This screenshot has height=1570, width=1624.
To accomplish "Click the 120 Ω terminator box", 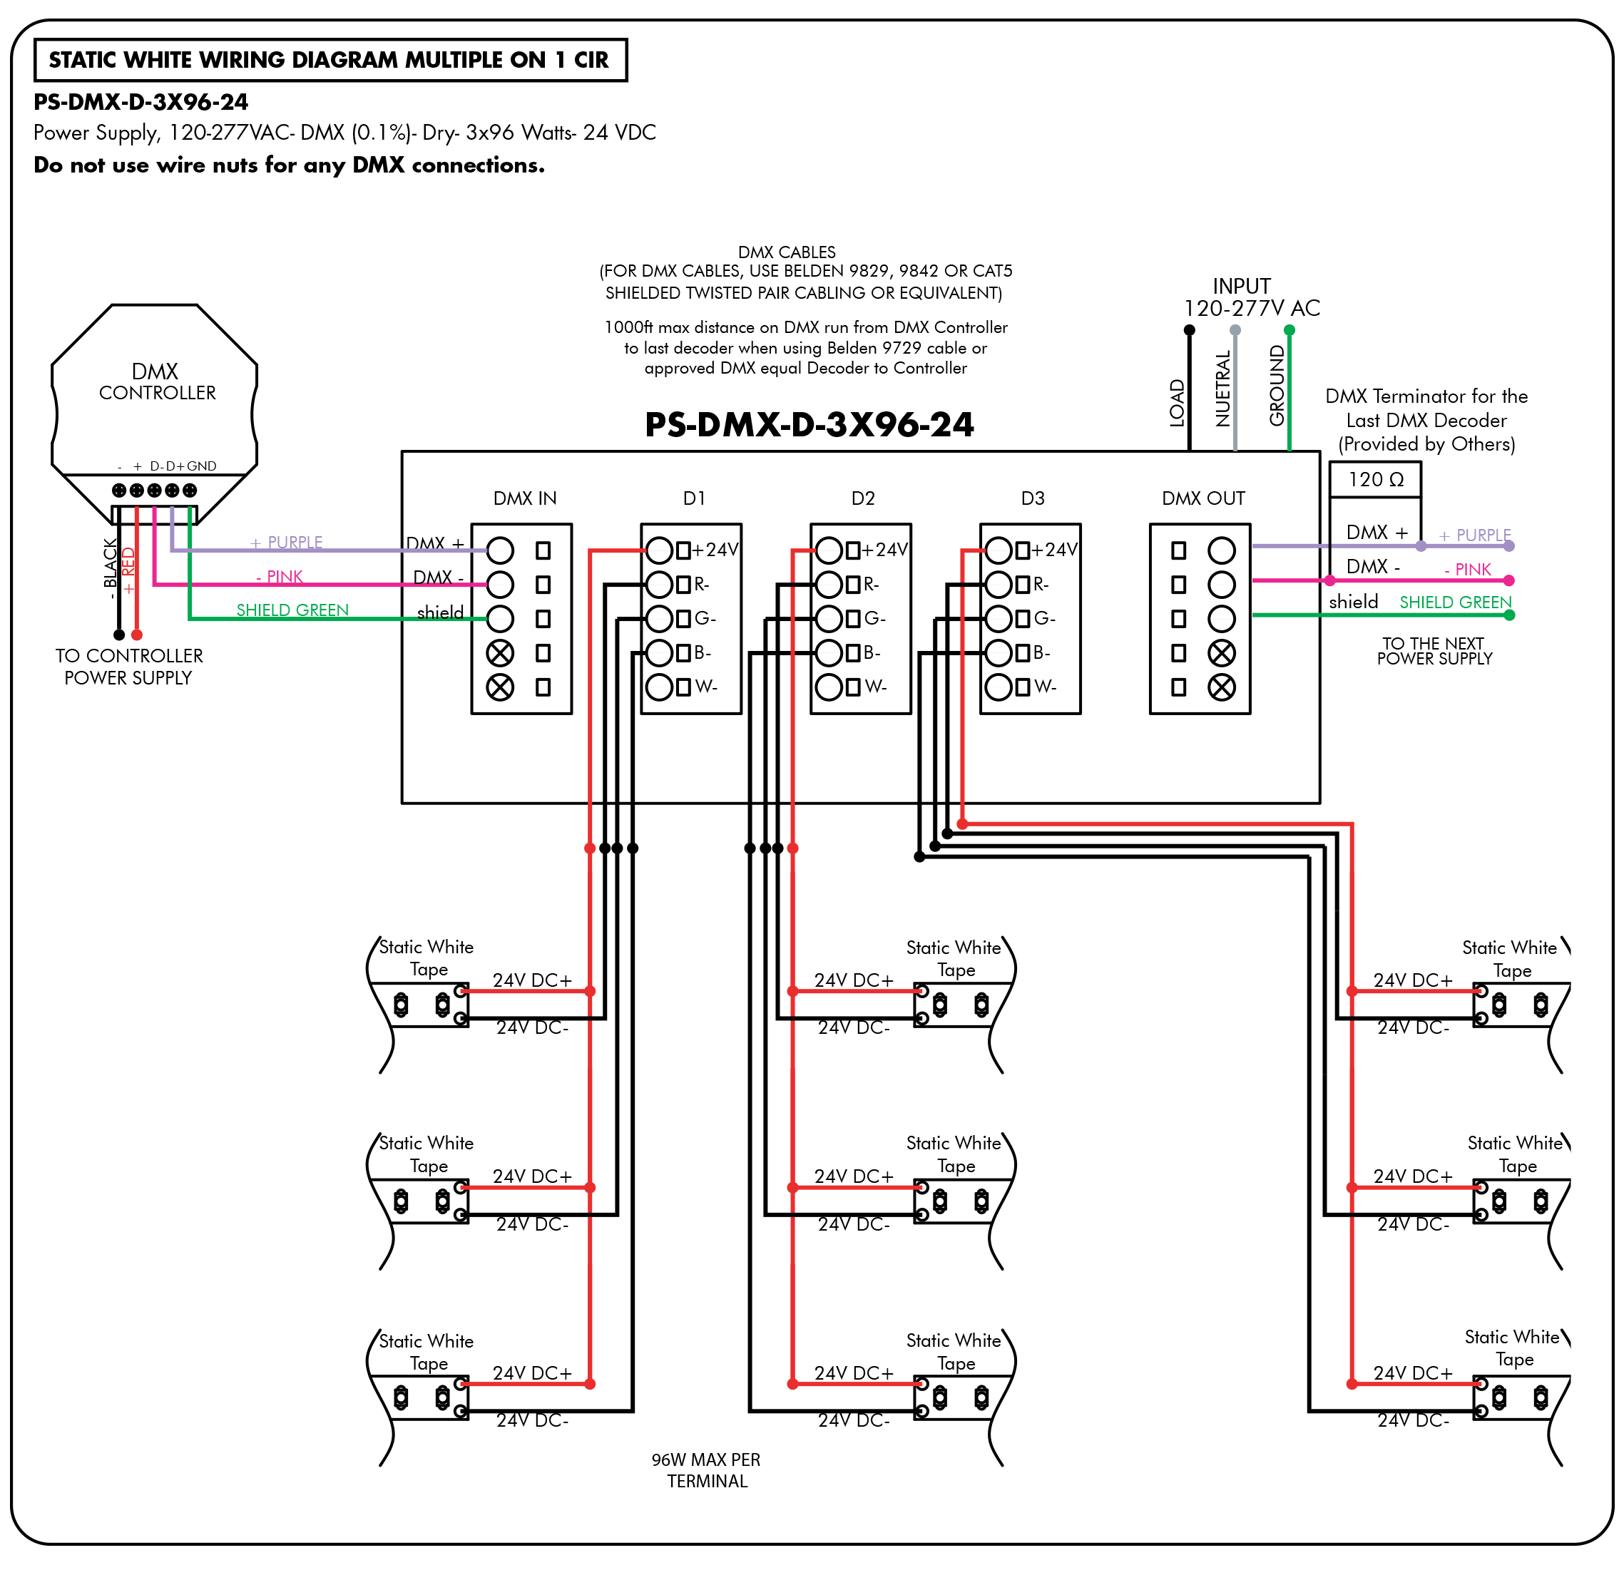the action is tap(1374, 480).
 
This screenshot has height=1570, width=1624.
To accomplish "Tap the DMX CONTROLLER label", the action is tap(157, 382).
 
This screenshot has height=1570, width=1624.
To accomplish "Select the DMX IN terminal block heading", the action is tap(524, 498).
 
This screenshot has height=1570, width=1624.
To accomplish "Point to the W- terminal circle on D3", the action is tap(999, 687).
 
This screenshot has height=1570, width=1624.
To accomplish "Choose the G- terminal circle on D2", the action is tap(829, 618).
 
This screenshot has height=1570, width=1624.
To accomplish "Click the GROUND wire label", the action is tap(1277, 386).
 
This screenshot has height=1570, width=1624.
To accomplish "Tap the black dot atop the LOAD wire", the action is tap(1189, 329).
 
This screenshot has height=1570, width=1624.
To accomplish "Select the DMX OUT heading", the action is tap(1203, 498).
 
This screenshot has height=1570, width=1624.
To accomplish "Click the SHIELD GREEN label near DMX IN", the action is tap(292, 610).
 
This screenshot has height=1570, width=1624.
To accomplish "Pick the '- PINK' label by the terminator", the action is tap(1467, 569).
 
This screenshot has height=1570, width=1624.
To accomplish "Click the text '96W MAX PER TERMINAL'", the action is tap(706, 1469).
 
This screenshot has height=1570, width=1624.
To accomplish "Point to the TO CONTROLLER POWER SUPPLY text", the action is tap(128, 666).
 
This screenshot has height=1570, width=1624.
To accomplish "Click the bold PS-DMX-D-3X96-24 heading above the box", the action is tap(810, 424).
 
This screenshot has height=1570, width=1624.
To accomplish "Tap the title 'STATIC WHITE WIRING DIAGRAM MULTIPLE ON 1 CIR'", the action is tap(329, 60).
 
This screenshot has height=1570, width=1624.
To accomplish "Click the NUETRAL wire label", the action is tap(1222, 388).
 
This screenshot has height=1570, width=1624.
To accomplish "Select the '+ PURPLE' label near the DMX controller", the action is tap(287, 542).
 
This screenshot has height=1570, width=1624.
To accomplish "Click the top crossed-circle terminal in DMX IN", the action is tap(500, 653).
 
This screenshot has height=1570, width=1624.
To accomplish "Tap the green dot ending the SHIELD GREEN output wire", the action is tap(1509, 615).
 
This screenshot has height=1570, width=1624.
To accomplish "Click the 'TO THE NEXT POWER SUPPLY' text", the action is tap(1434, 650).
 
